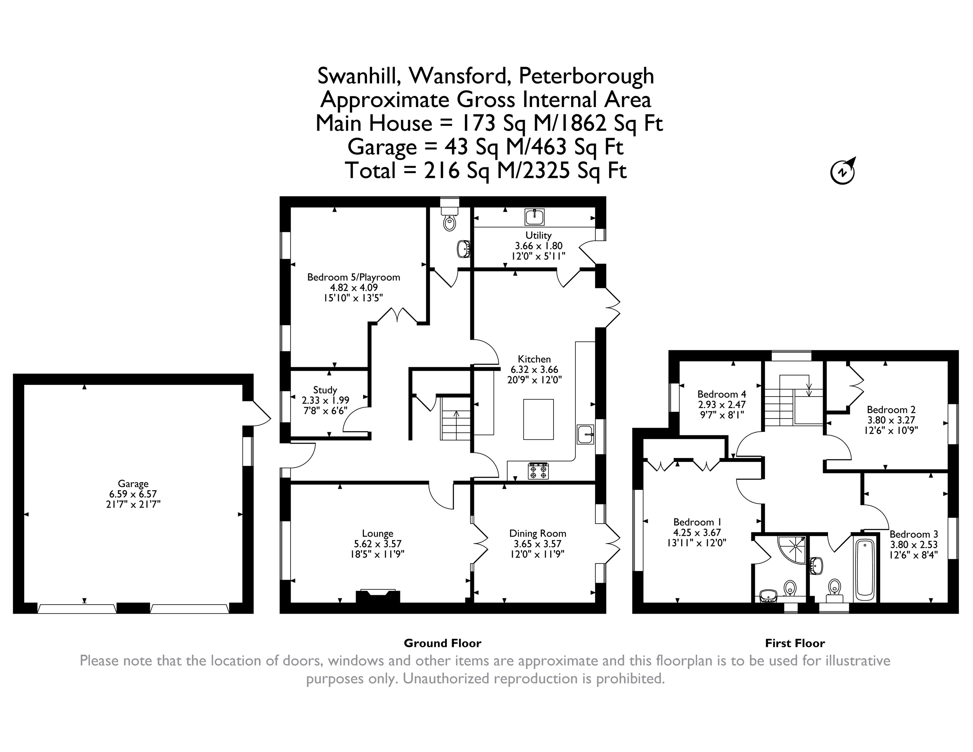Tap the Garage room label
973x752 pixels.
(133, 483)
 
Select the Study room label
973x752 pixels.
(325, 390)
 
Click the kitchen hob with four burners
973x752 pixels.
(538, 471)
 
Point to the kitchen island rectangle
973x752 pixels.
(538, 419)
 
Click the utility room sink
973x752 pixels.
(534, 217)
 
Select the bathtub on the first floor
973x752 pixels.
(865, 568)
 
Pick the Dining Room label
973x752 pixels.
(538, 533)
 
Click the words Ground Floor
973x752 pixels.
(442, 643)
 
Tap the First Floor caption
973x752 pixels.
(795, 643)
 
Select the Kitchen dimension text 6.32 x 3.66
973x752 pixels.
(534, 370)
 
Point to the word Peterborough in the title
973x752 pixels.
(586, 76)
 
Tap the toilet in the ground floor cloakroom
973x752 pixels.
(450, 220)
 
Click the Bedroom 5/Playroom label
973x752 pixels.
(354, 277)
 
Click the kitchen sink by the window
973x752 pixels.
(585, 434)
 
